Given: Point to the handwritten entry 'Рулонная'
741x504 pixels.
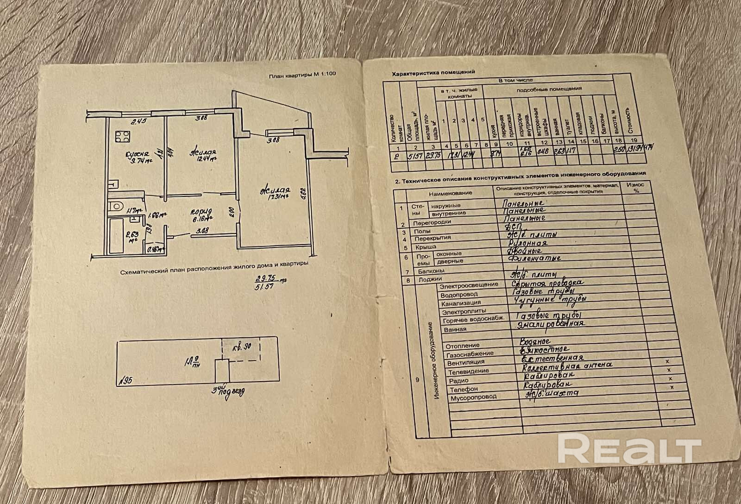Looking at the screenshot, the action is [527, 242].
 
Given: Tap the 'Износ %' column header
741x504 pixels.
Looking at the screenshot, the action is [635, 187].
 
